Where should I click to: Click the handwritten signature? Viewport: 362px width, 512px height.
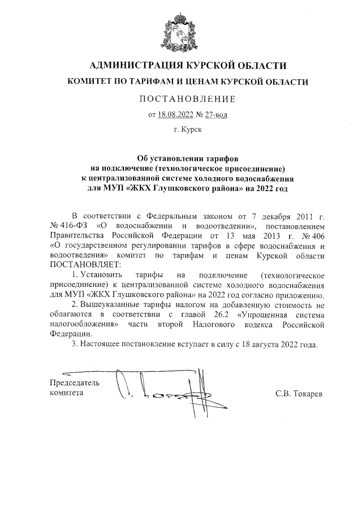click(x=158, y=390)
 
